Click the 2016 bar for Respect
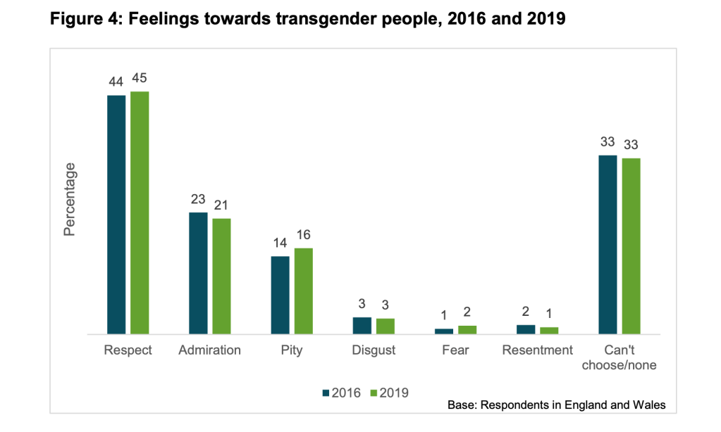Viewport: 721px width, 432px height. [116, 214]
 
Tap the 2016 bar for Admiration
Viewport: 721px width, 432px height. [198, 272]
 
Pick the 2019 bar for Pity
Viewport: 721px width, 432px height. [303, 291]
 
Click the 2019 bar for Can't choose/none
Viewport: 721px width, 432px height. [631, 246]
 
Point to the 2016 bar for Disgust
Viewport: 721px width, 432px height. [362, 325]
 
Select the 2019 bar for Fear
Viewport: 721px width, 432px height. [467, 329]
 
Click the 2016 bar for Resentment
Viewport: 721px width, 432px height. [526, 329]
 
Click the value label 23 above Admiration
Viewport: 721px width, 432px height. [198, 200]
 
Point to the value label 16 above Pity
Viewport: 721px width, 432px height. [303, 236]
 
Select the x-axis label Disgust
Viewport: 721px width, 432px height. [374, 350]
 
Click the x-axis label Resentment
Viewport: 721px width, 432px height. [537, 350]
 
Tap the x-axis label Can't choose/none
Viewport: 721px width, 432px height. [620, 357]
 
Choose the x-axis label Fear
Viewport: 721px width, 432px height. [455, 350]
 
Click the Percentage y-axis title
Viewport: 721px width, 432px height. [70, 199]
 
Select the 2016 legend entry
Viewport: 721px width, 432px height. [341, 393]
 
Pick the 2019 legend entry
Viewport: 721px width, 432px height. [388, 393]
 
